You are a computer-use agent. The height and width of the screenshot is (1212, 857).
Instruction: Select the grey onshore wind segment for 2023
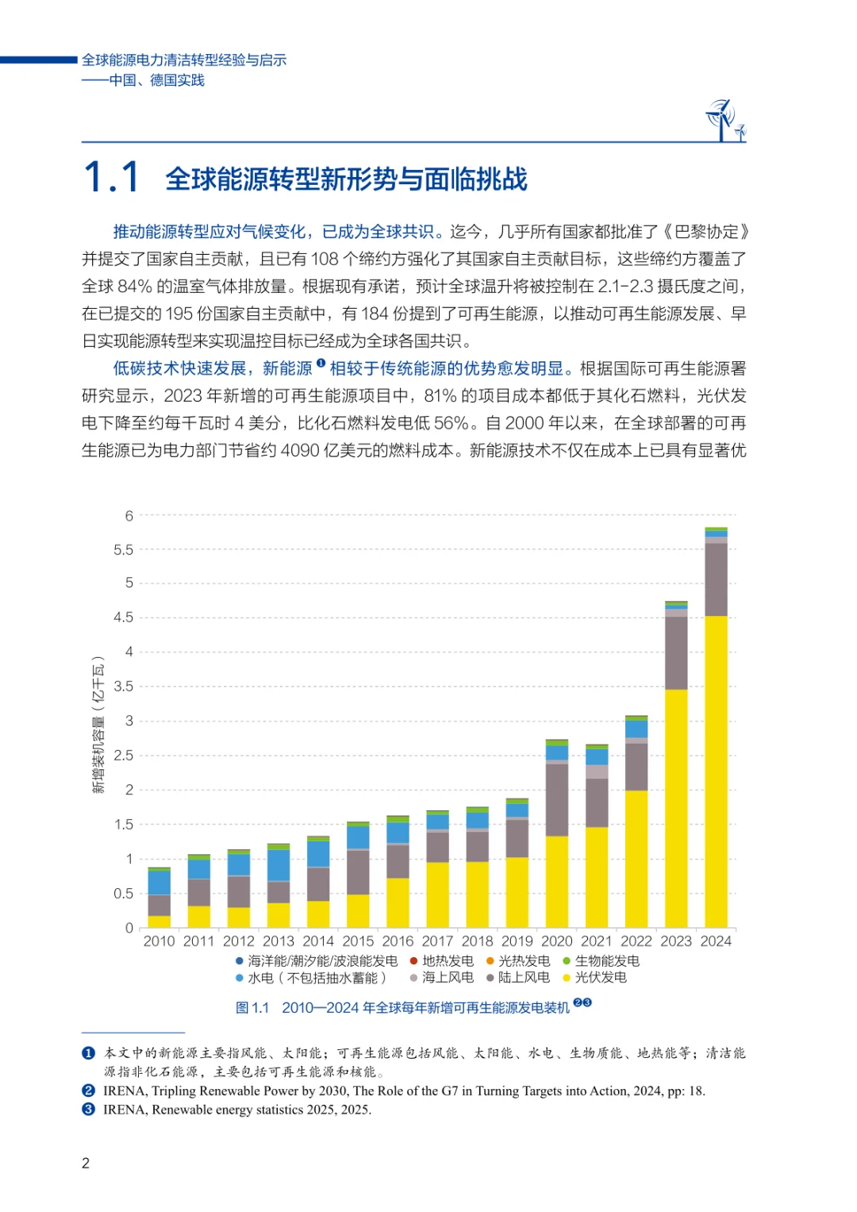tap(676, 652)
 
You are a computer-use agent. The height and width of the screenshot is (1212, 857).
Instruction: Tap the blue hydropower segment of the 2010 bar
tap(159, 883)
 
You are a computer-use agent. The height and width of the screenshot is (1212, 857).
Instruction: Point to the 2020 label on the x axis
tap(557, 941)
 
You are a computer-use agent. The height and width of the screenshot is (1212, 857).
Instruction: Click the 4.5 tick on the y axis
tap(124, 618)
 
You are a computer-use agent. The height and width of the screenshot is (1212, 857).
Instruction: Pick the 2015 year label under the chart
tap(358, 941)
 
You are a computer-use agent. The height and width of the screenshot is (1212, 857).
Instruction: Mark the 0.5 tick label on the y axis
tap(124, 894)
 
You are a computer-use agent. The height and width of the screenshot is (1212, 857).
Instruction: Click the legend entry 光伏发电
tap(601, 978)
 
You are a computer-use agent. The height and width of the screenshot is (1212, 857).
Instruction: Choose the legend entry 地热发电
tap(448, 961)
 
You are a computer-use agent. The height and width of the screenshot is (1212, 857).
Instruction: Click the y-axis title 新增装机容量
tap(98, 725)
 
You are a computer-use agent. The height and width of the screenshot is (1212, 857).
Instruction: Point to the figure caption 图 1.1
tap(252, 1008)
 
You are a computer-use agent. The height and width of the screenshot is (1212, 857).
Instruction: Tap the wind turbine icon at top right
tap(724, 121)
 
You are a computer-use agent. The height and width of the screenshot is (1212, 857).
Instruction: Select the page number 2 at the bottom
tap(86, 1164)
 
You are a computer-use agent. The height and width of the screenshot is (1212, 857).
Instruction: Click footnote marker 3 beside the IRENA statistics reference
tap(89, 1110)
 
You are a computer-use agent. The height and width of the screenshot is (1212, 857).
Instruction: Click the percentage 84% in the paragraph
tap(135, 287)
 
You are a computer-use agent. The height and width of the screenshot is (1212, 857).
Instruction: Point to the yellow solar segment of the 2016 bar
tap(398, 902)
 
